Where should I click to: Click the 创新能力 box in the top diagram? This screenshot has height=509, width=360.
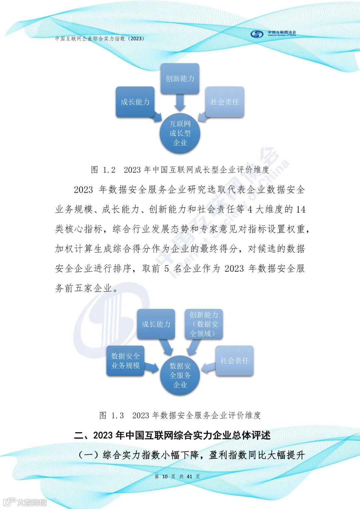180,78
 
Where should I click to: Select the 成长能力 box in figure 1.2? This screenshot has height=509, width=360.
135,102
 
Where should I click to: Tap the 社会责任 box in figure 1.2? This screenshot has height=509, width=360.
225,102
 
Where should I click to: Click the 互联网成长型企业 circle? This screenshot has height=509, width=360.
180,133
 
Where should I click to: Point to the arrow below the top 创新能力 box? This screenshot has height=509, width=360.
180,102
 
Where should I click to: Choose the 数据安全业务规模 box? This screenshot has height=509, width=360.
125,361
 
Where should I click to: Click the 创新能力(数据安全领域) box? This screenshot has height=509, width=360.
204,324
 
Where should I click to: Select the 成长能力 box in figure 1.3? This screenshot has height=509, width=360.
156,324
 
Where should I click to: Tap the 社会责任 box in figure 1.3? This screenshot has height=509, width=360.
234,361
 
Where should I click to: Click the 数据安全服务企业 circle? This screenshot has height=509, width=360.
180,375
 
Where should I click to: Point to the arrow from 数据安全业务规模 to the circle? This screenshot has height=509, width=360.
152,367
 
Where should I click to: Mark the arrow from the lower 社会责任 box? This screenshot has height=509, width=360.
208,367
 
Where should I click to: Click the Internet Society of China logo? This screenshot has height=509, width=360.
273,34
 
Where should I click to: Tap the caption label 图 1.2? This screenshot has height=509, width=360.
103,170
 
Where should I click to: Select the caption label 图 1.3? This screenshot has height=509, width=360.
112,415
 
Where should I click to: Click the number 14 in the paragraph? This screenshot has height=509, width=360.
301,209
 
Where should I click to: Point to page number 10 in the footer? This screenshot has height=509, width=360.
165,476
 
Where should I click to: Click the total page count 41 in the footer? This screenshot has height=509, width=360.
189,476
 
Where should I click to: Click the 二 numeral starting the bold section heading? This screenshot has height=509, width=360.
79,435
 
